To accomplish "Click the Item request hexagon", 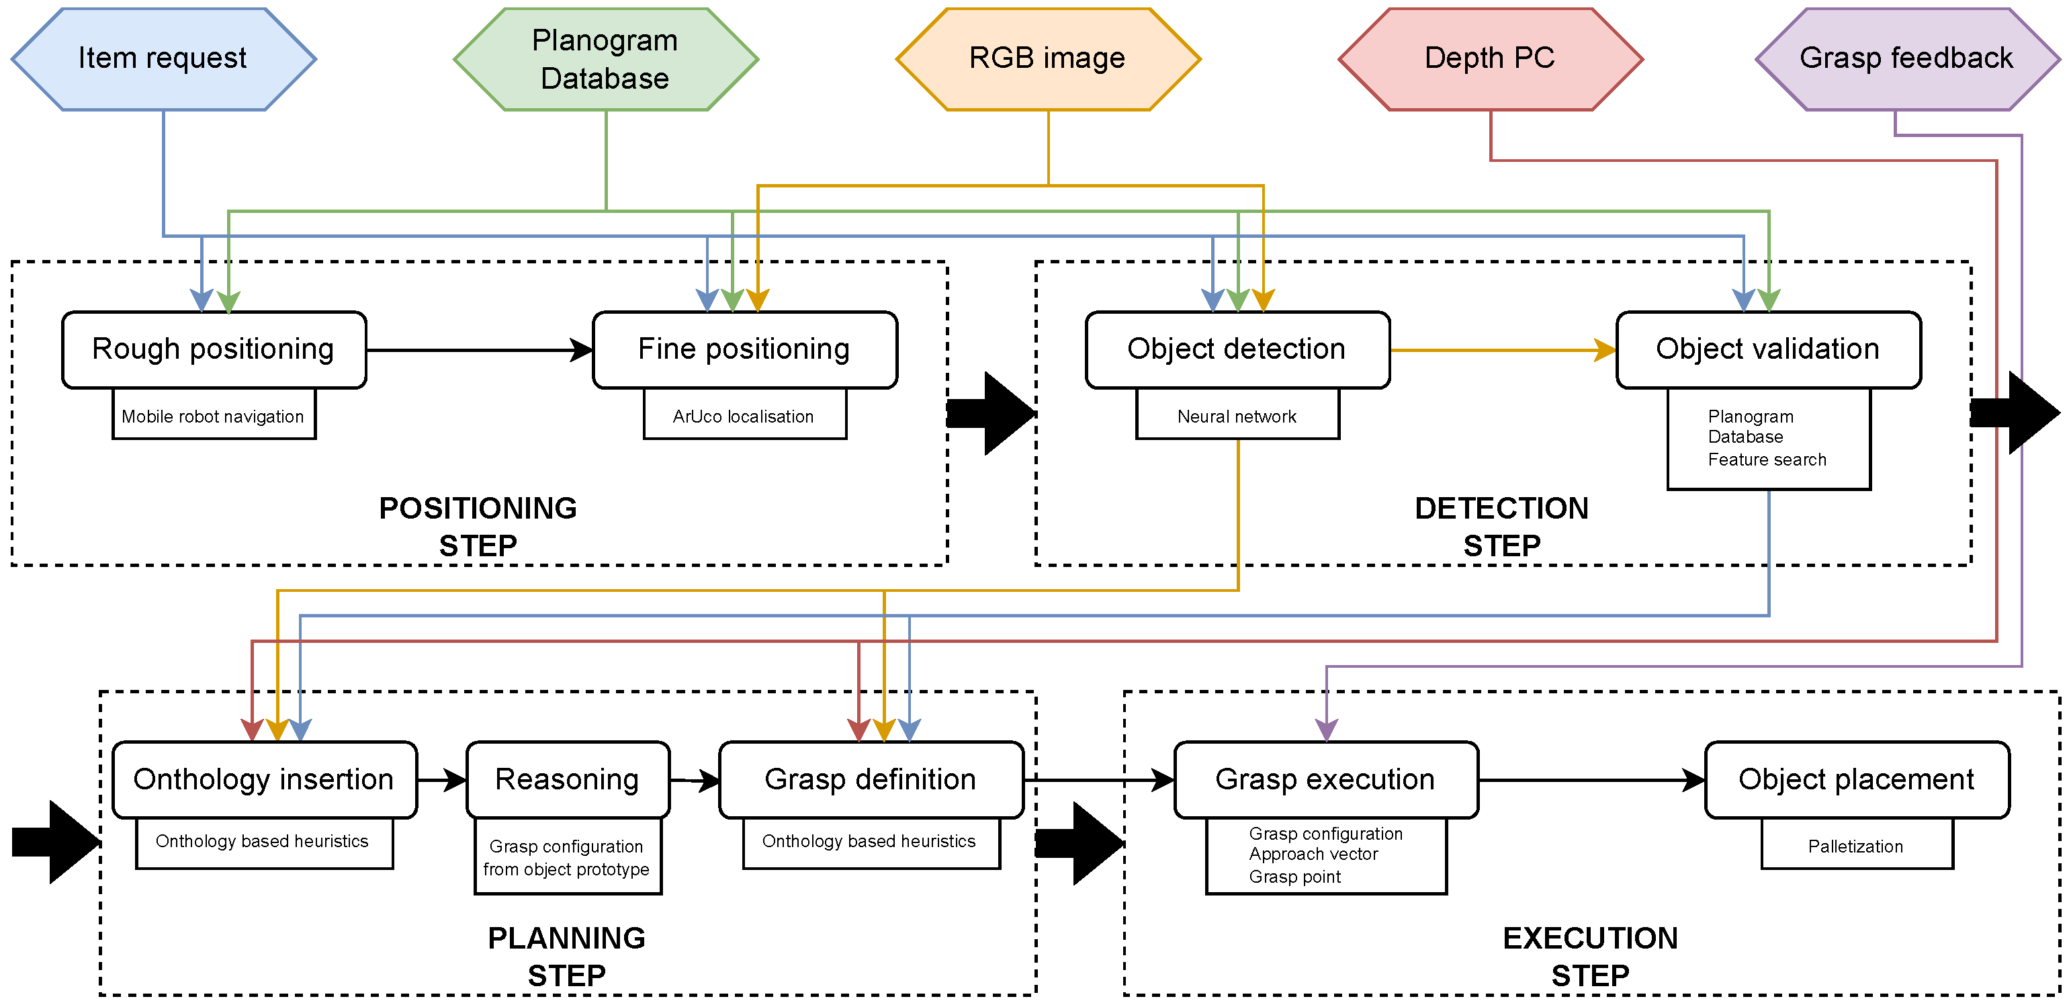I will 163,58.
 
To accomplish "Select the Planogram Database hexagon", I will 605,58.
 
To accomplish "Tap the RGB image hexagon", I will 1047,58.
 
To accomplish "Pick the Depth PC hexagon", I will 1490,58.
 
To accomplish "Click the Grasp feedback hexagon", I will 1906,58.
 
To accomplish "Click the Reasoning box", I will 568,779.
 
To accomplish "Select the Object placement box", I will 1856,779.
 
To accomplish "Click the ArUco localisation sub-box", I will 744,416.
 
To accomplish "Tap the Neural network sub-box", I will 1237,416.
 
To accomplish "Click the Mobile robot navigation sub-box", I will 214,416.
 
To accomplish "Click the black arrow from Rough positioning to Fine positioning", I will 479,350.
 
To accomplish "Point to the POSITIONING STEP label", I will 478,527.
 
